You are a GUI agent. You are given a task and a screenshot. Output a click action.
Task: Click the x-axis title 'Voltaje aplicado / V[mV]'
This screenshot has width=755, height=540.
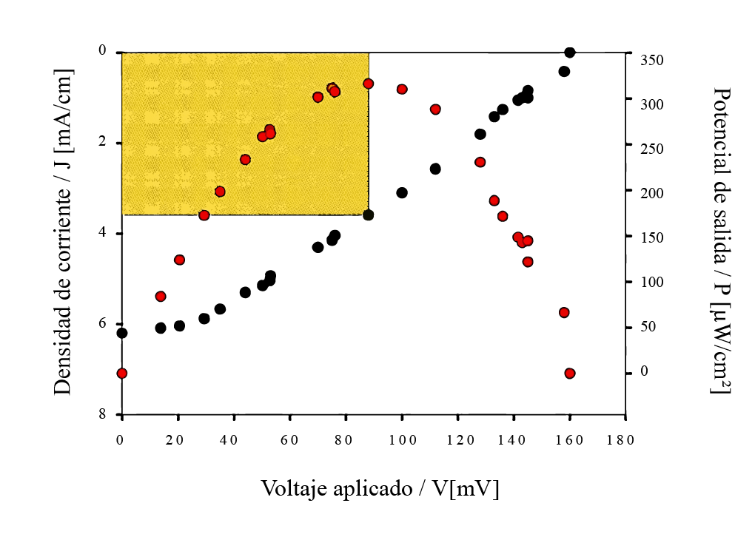point(380,489)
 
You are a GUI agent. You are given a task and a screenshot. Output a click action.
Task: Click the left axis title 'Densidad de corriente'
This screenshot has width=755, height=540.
point(64,231)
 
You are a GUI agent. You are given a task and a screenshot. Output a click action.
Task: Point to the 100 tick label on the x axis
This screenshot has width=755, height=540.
point(401,439)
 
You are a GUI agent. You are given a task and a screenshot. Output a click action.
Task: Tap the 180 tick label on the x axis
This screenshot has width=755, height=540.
point(625,439)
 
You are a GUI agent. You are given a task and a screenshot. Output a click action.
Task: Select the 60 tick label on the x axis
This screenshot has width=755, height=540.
point(289,439)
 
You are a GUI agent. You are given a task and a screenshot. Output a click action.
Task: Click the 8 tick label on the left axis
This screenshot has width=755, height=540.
point(103,414)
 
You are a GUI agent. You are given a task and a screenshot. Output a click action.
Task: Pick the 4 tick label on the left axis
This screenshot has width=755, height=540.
point(103,232)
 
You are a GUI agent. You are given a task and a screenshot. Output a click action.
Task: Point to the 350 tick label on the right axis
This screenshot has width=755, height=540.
point(653,60)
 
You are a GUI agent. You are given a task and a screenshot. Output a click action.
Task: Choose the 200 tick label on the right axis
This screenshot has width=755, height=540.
point(653,193)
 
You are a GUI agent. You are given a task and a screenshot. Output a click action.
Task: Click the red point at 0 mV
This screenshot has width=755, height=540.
point(122,374)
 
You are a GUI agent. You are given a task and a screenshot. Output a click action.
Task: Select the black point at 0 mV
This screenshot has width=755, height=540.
point(122,334)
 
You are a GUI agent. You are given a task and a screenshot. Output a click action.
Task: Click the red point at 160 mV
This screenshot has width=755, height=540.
point(570,374)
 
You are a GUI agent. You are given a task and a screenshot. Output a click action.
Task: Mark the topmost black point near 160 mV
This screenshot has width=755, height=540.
point(570,53)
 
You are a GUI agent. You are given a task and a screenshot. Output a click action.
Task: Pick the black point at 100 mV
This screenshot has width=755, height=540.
point(402,192)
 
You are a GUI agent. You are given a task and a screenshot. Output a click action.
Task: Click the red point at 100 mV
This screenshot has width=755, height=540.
point(402,90)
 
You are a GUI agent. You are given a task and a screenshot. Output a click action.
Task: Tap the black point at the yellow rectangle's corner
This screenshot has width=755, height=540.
point(369,215)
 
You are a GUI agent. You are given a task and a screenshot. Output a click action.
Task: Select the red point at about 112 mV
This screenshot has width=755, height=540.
point(435,109)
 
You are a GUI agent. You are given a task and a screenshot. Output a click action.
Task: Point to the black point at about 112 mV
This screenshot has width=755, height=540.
point(435,169)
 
